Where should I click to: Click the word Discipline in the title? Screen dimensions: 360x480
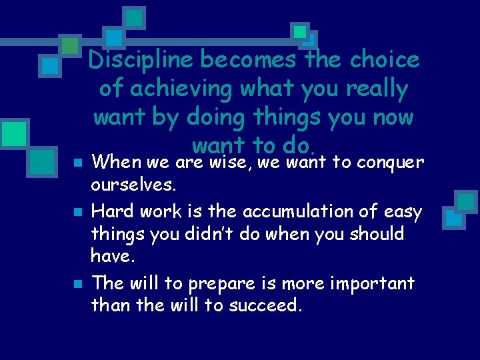pos(141,61)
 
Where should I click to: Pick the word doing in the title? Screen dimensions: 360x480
pos(216,118)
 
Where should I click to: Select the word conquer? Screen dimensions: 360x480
pos(391,162)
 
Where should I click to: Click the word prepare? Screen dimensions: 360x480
pos(217,283)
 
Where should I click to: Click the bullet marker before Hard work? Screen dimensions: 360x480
pos(78,213)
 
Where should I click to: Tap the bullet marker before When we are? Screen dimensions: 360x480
pos(78,163)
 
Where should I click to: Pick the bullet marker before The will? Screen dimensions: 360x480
pos(78,284)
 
